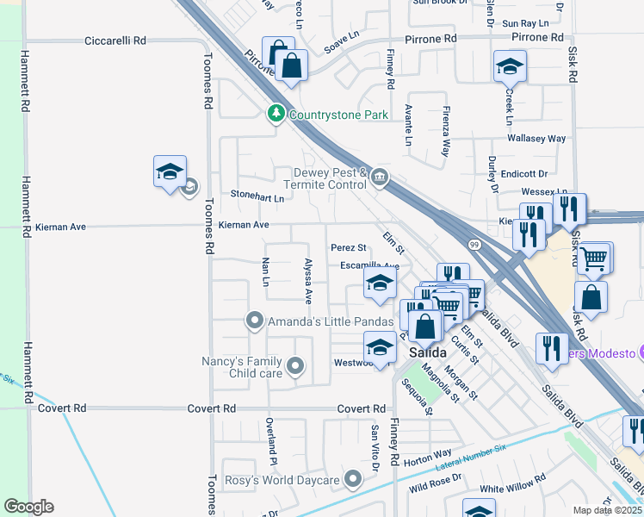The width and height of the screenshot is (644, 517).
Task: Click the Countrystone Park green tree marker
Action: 276,114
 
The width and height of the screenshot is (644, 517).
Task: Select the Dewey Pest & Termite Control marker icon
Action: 379,178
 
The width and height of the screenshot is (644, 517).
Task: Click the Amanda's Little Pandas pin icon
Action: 254,321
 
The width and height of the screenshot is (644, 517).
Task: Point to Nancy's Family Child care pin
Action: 295,367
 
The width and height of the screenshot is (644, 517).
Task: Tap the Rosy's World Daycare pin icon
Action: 352,479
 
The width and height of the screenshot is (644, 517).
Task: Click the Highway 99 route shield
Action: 474,246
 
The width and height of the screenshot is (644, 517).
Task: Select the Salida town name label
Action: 427,353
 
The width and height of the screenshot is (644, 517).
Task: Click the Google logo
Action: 28,507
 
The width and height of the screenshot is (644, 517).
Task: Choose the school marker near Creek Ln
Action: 510,65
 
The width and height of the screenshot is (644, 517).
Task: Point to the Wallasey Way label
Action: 536,138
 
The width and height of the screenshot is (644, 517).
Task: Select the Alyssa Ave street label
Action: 307,281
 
